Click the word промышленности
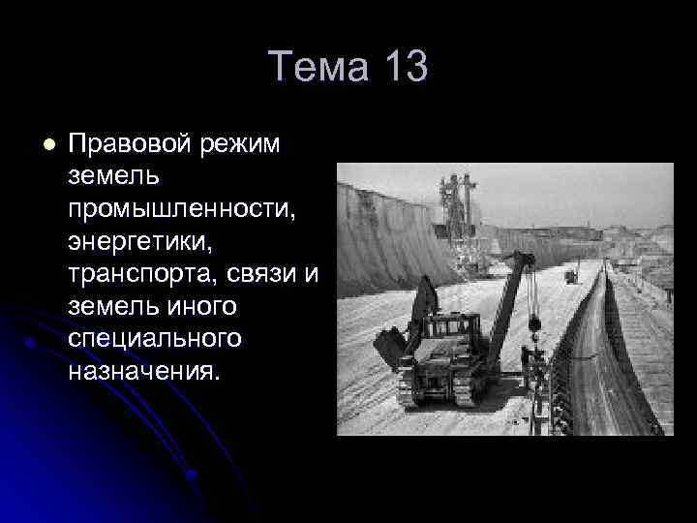pos(167,208)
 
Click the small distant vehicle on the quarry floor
pos(571,276)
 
